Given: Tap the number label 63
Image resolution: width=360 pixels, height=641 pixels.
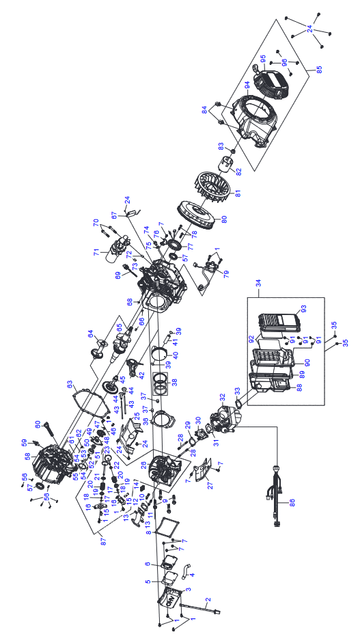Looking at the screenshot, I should [x=70, y=384].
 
